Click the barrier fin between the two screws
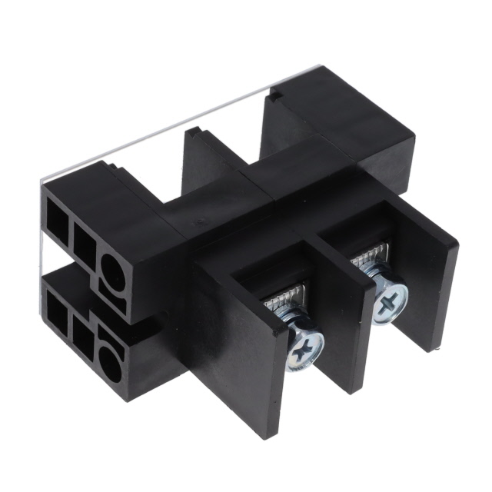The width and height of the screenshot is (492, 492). point(338,307)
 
